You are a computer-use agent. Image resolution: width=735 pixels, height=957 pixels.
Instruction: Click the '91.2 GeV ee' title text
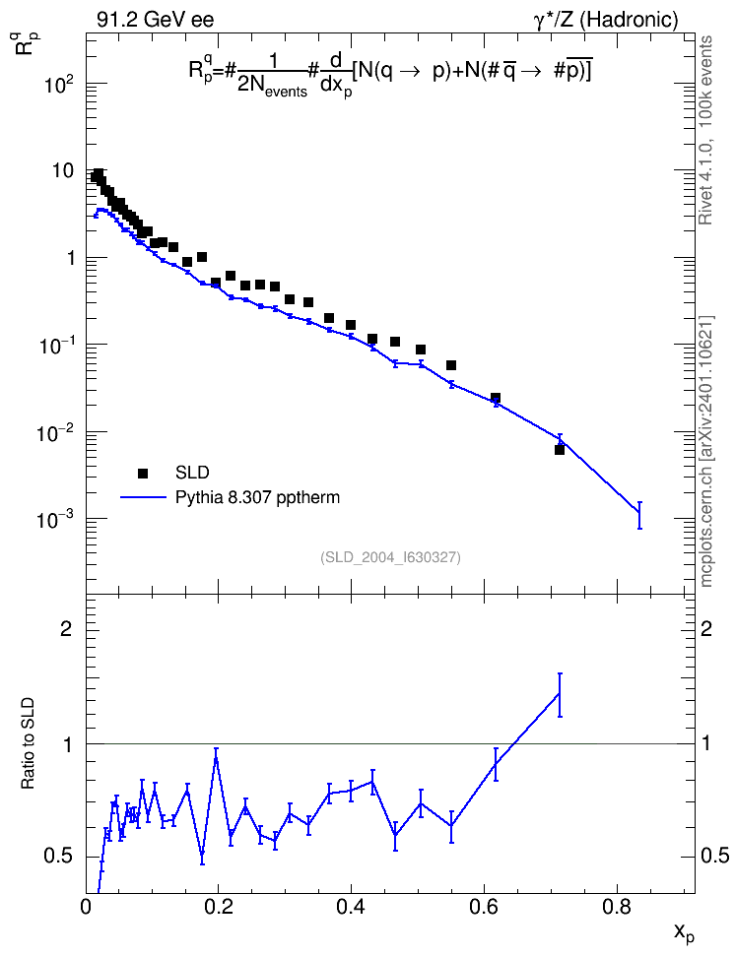coord(156,20)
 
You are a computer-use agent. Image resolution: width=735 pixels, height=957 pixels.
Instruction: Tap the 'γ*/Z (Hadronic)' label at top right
coord(606,20)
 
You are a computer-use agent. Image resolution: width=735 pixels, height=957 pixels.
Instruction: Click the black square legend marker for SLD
coord(143,473)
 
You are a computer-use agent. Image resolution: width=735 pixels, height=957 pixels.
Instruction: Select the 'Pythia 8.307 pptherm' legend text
coord(257,498)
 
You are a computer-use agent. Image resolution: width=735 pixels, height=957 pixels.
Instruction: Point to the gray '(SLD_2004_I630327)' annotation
coord(390,557)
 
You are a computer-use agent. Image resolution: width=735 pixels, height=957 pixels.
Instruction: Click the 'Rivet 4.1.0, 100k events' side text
coord(705,130)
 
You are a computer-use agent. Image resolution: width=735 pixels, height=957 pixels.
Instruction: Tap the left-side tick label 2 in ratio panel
coord(66,629)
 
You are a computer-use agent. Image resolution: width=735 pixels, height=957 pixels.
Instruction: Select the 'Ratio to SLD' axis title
coord(29,744)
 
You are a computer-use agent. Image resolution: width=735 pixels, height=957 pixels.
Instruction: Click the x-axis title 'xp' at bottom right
coord(684,933)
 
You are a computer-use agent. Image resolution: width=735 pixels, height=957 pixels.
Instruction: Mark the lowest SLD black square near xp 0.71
coord(559,450)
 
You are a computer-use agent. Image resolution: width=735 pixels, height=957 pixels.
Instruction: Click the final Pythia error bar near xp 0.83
coord(639,515)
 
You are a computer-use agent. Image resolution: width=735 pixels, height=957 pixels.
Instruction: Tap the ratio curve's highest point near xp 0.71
coord(559,694)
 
